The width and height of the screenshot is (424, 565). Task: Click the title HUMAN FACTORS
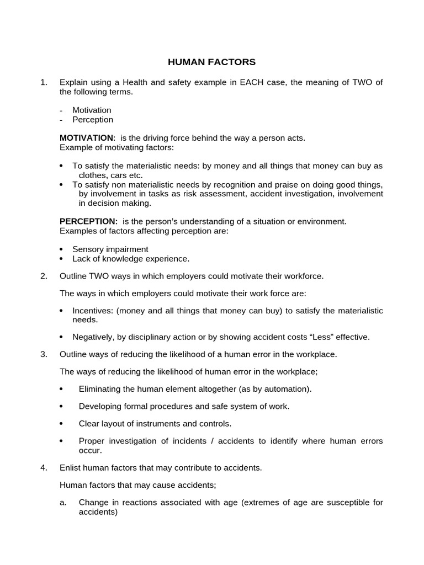tap(212, 62)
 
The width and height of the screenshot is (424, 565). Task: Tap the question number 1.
tap(44, 83)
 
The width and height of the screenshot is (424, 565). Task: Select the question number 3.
tap(44, 354)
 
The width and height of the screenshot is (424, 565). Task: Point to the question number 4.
tap(44, 468)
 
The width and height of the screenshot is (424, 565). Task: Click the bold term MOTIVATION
tap(86, 137)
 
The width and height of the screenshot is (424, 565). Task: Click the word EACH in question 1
tap(251, 83)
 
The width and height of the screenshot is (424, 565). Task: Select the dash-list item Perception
tap(93, 120)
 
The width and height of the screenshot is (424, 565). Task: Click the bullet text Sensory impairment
tap(110, 249)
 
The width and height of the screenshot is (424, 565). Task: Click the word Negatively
tap(94, 337)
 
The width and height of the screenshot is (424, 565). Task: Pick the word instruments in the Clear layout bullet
tap(163, 424)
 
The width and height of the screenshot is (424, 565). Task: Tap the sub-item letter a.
tap(63, 503)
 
